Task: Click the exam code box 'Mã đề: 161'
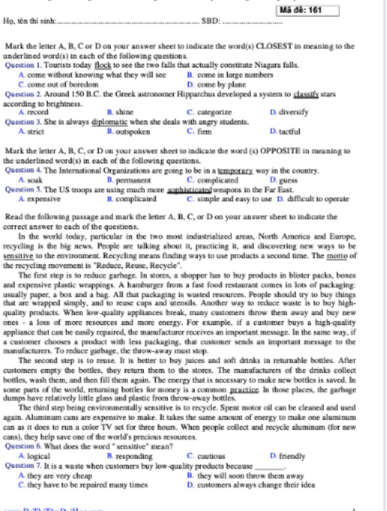(x=309, y=10)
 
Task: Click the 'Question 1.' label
(x=23, y=65)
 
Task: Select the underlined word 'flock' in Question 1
(x=103, y=65)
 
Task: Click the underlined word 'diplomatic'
(x=109, y=122)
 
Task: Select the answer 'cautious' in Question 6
(x=211, y=456)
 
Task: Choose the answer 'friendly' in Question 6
(x=292, y=456)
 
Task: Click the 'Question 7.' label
(x=23, y=466)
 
